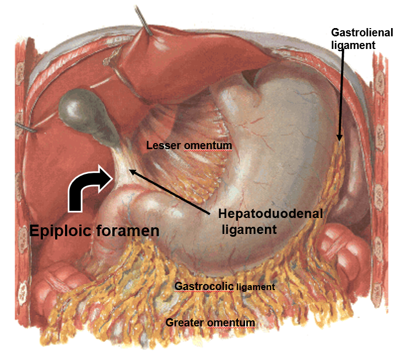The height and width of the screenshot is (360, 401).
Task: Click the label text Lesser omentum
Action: (189, 145)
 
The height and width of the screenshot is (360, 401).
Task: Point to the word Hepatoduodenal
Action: (270, 213)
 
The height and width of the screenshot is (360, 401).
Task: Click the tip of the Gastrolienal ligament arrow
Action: (339, 140)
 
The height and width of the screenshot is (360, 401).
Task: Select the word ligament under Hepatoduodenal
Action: (249, 229)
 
